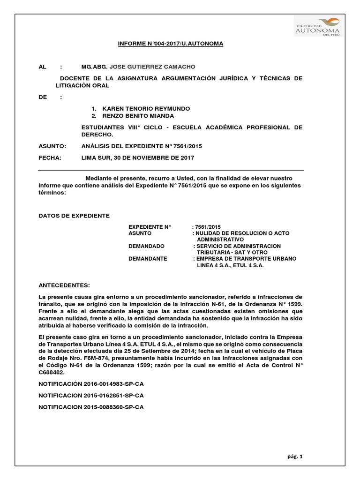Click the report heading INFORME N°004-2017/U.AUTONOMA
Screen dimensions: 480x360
pos(170,44)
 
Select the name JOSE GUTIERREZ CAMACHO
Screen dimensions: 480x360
pos(146,67)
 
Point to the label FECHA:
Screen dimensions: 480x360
pos(50,158)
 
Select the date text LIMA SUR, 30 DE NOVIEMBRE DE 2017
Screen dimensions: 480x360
pos(138,158)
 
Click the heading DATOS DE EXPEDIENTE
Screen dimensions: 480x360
pos(74,216)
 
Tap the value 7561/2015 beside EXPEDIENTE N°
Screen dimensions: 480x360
pos(207,227)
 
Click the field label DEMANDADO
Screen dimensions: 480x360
pos(146,246)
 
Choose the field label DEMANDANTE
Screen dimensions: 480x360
pos(148,259)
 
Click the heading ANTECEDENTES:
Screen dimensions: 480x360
pos(63,285)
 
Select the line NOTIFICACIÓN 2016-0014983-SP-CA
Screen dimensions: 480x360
pos(91,384)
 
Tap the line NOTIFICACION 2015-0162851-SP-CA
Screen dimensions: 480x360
pos(91,396)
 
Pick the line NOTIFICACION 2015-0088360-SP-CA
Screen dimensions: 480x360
pos(91,407)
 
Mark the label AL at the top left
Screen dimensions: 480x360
pos(42,67)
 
